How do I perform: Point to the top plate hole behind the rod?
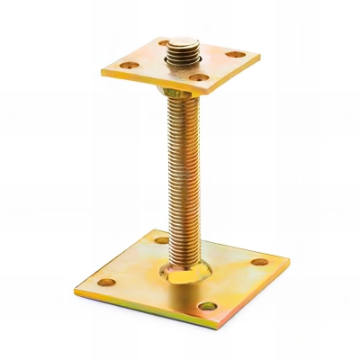pos(166,43)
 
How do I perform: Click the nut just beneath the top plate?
pos(175,93)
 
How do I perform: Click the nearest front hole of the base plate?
pos(209,306)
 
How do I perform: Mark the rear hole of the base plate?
pos(161,240)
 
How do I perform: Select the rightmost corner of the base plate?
pos(290,265)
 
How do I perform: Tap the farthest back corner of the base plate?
pos(149,230)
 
